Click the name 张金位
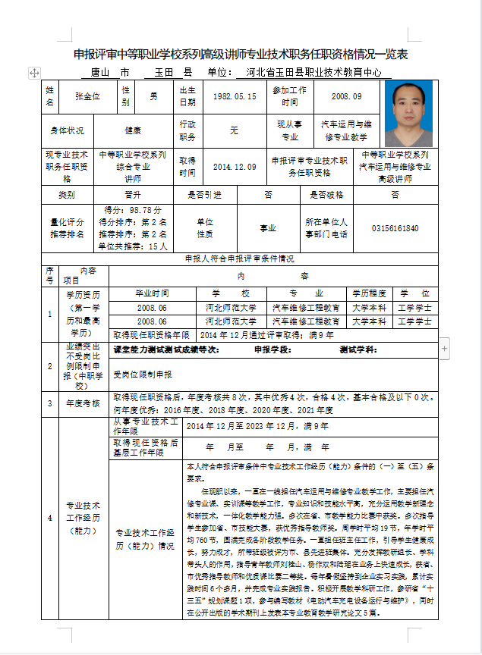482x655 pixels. [x=87, y=97]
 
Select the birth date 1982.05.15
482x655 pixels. [x=235, y=97]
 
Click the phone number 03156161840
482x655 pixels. [x=395, y=228]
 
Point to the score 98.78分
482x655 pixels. [x=133, y=209]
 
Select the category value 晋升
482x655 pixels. [x=134, y=195]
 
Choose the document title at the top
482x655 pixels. [x=241, y=55]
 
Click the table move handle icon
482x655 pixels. [x=34, y=72]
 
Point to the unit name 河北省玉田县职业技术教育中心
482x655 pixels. [x=313, y=73]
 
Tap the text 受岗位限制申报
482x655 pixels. [x=143, y=375]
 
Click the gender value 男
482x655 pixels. [x=153, y=97]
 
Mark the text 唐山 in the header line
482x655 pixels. [x=102, y=73]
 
